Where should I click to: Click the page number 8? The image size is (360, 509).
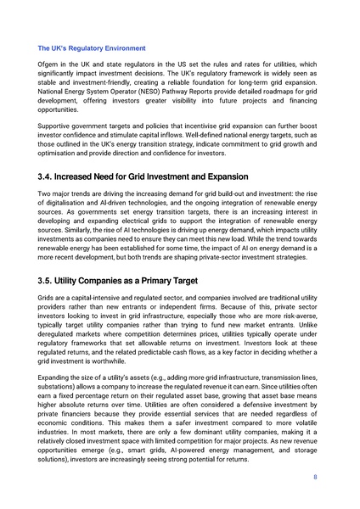pyautogui.click(x=315, y=501)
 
